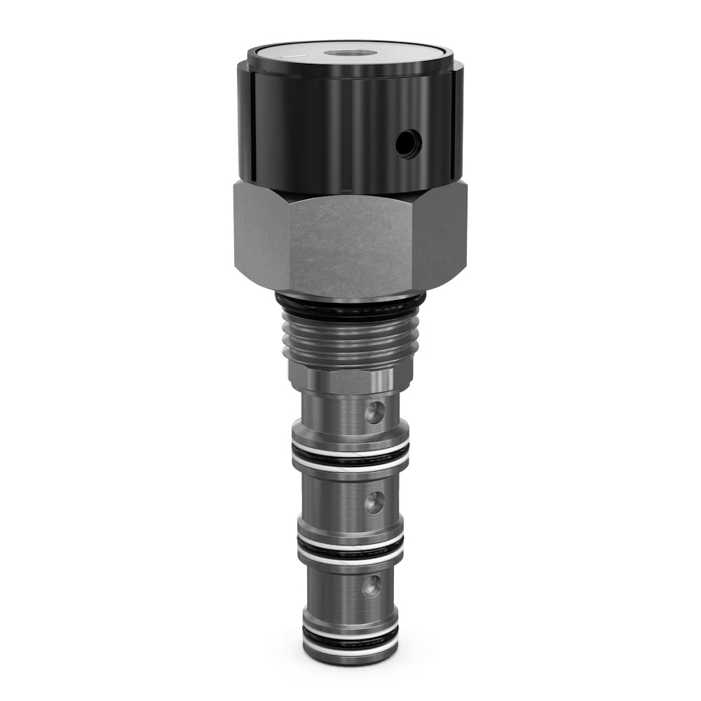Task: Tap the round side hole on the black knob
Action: pyautogui.click(x=408, y=144)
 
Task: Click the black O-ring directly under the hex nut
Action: pyautogui.click(x=350, y=304)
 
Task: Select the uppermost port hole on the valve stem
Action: pyautogui.click(x=374, y=413)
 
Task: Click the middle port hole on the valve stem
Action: pyautogui.click(x=374, y=501)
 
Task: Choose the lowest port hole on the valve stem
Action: pyautogui.click(x=372, y=586)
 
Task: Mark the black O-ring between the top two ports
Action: pyautogui.click(x=350, y=460)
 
